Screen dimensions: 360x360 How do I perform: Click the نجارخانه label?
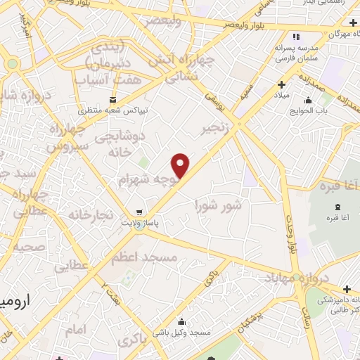87,213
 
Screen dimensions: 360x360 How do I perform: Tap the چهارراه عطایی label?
33,201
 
